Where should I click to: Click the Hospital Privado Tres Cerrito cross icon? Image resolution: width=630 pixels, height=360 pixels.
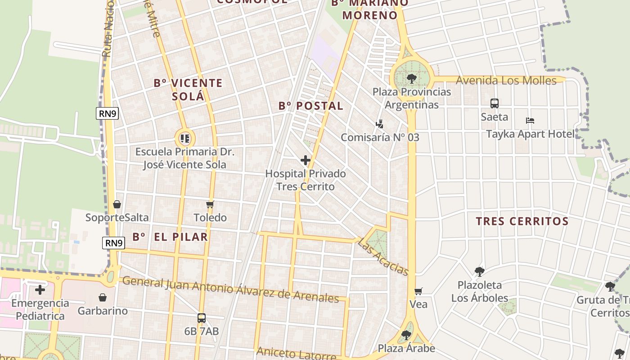(x=306, y=160)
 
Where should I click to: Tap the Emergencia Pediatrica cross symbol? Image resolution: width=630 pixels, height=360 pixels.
(x=40, y=289)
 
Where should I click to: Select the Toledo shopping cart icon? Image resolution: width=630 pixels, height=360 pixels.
(x=210, y=205)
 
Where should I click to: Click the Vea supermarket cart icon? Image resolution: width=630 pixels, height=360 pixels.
(x=418, y=291)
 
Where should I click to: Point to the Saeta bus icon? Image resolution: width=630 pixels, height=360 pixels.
(x=495, y=103)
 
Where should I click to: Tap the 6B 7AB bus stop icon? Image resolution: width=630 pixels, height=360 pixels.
(x=202, y=318)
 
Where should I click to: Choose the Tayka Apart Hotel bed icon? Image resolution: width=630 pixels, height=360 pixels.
(x=530, y=121)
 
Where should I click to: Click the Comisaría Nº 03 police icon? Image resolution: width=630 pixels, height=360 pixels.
(x=380, y=124)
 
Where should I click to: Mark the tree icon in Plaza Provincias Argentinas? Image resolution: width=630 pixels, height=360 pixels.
(x=411, y=79)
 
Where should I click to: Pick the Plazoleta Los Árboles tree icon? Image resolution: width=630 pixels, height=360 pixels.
(x=479, y=271)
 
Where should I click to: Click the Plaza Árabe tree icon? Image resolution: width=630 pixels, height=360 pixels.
(x=406, y=335)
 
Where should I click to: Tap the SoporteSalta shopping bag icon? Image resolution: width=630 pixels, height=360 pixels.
(x=117, y=204)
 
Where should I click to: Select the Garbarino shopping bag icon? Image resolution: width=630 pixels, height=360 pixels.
(x=103, y=297)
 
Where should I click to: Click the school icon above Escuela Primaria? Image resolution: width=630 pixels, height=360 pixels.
(x=184, y=138)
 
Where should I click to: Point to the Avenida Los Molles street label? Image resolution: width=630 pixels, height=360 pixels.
(x=506, y=81)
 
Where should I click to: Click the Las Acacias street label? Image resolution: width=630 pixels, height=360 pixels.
(x=383, y=256)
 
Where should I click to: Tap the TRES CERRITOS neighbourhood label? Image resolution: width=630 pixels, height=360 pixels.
(x=522, y=221)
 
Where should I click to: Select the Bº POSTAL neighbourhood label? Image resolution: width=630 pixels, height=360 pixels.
(x=310, y=106)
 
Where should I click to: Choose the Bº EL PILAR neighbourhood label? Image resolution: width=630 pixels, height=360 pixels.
(x=170, y=237)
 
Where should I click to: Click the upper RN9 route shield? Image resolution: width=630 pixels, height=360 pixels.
(x=108, y=114)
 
